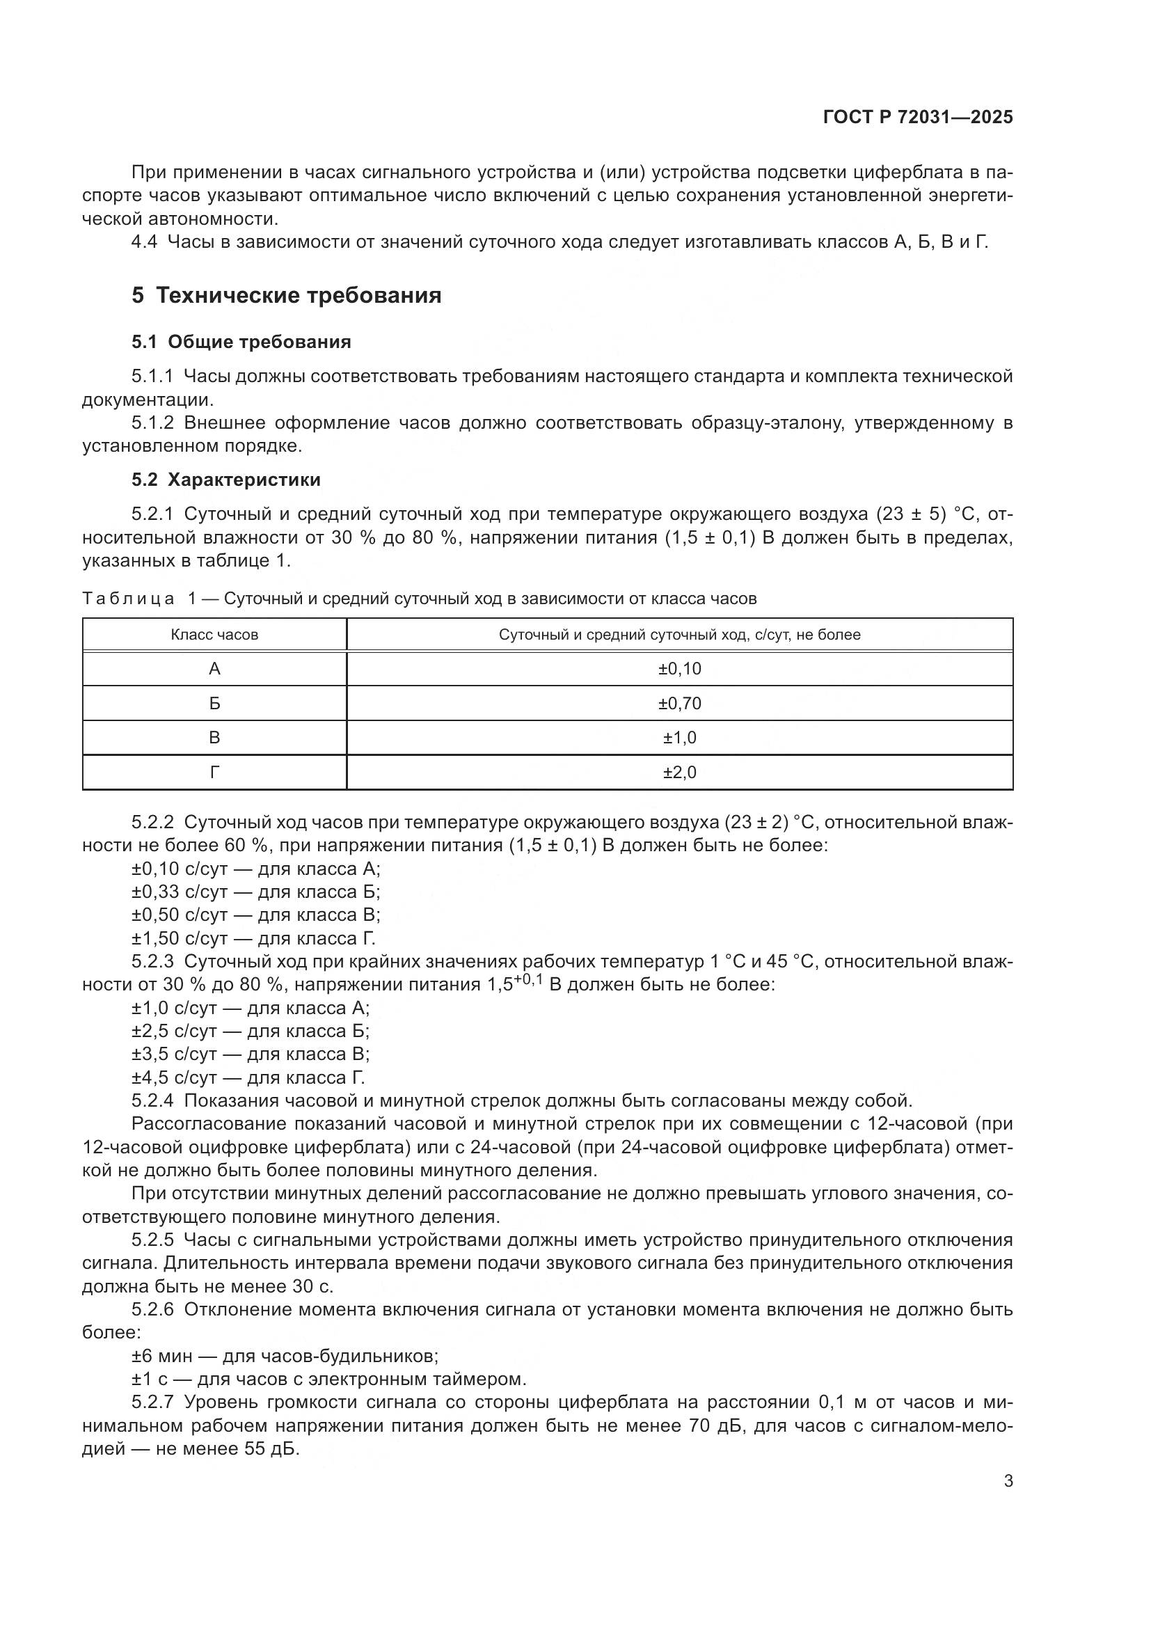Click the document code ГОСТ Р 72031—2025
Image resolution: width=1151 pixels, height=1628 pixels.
pos(918,117)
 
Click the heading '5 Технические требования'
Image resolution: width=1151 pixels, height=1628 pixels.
pos(286,295)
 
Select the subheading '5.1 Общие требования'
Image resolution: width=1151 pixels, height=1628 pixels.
pos(241,342)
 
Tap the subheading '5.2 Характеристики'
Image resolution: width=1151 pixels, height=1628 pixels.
pos(225,480)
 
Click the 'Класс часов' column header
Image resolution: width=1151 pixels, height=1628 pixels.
pos(214,635)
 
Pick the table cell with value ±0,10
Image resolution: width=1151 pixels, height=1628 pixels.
pos(679,669)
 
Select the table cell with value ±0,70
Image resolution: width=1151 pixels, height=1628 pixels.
pos(679,704)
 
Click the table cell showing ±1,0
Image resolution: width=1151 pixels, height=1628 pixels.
pos(679,737)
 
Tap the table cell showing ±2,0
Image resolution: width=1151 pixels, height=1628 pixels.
pos(679,772)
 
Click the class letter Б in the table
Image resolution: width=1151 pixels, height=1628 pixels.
pos(214,704)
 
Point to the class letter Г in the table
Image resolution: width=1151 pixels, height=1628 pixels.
pos(214,772)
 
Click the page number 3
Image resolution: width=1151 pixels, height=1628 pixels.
pos(1008,1481)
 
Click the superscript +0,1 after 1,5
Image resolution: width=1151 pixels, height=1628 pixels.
pos(528,979)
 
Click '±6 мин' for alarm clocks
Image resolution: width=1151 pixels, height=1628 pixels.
pos(161,1357)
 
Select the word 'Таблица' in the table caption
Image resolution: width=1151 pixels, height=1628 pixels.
pos(128,599)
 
